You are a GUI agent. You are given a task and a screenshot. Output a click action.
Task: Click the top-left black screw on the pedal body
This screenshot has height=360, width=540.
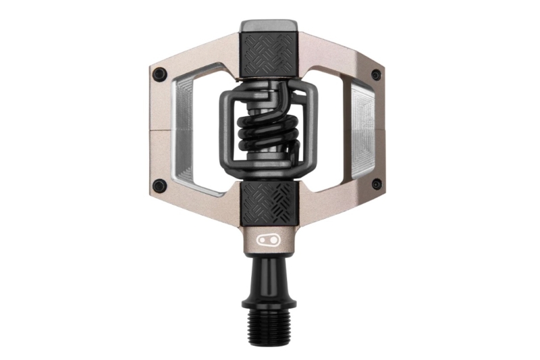[x=159, y=74]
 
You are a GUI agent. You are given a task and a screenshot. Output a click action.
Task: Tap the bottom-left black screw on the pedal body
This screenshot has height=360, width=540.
[x=159, y=185]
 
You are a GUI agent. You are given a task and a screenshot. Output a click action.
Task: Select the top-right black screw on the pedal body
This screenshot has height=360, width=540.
[x=377, y=74]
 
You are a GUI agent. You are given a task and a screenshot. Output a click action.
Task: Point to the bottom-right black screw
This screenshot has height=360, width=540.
[x=377, y=184]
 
